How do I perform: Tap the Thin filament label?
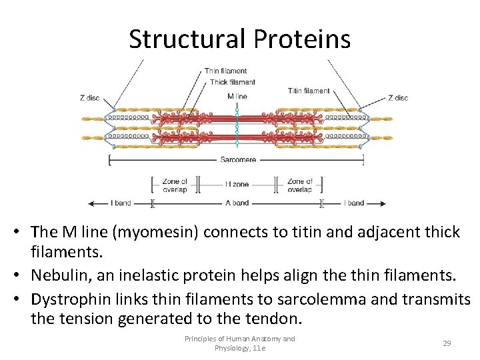(x=225, y=71)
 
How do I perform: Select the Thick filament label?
(x=232, y=82)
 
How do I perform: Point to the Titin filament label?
(x=309, y=91)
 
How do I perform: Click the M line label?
(x=237, y=96)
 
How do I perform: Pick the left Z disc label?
(x=89, y=98)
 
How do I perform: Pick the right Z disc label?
(x=398, y=98)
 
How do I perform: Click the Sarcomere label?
(x=238, y=160)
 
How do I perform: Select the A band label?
(x=237, y=203)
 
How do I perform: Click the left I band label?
(x=121, y=203)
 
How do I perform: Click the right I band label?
(x=354, y=203)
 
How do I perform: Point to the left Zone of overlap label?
(x=175, y=185)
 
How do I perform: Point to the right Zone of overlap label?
(x=299, y=185)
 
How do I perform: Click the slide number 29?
(x=447, y=343)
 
